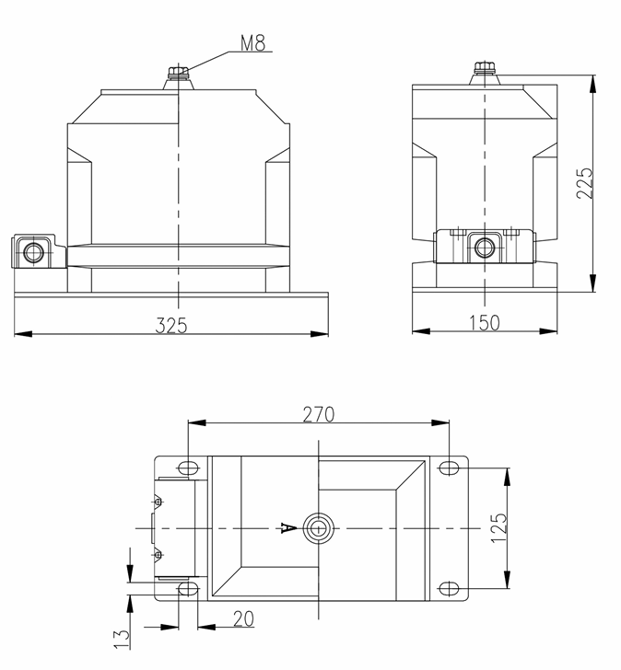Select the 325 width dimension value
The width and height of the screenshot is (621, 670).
(x=172, y=324)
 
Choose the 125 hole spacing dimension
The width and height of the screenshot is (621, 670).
(x=498, y=527)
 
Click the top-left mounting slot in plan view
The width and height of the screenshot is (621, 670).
(x=187, y=468)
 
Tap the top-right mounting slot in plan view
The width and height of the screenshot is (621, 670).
(x=449, y=468)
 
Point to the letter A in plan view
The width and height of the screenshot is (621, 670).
(x=287, y=528)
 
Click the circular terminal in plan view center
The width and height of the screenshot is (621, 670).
(x=319, y=528)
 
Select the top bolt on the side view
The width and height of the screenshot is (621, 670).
(x=484, y=68)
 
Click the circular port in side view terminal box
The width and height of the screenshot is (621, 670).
(x=484, y=247)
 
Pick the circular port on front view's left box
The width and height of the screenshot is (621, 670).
(x=34, y=250)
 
